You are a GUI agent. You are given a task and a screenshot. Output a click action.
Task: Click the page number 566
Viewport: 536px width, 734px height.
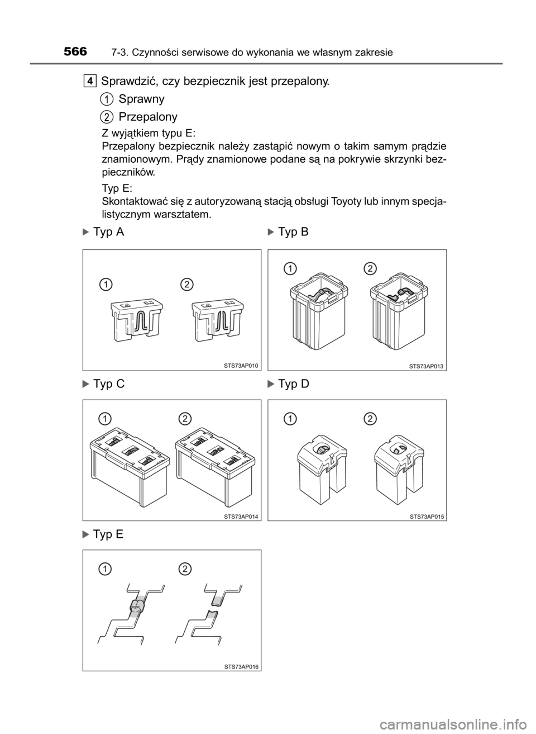[x=75, y=51]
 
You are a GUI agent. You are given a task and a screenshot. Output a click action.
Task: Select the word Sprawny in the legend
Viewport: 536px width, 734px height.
[x=142, y=99]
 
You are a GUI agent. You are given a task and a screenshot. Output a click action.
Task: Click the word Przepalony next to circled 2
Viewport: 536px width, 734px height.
[x=148, y=117]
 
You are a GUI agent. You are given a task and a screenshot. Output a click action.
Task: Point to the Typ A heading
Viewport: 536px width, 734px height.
[x=109, y=232]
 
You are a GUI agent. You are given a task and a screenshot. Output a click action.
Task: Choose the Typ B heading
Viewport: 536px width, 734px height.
[x=293, y=232]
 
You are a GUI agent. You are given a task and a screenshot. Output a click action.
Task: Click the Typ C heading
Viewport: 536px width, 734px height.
[x=109, y=383]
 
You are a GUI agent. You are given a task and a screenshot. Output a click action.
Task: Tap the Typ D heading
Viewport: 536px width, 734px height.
[x=294, y=383]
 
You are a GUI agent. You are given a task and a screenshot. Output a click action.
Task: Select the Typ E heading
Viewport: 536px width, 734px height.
[x=108, y=534]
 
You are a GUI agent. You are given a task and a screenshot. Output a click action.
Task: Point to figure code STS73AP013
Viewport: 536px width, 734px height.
[x=427, y=367]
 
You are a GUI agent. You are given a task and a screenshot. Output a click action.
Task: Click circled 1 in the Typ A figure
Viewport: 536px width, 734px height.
[x=106, y=285]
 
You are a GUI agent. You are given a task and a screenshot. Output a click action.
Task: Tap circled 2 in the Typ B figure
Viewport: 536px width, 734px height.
[x=370, y=268]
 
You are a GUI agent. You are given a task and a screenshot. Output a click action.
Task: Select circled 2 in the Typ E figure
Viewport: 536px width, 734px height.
[x=185, y=569]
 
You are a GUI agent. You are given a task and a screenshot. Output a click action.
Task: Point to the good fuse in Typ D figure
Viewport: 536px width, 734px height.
[x=322, y=469]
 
